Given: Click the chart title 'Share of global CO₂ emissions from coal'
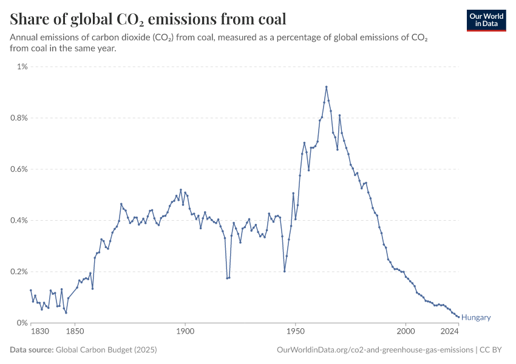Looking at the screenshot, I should (148, 19).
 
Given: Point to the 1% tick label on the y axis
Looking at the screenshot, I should (22, 67).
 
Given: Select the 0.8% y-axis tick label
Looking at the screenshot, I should (18, 118).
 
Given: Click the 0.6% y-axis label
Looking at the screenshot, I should (18, 169).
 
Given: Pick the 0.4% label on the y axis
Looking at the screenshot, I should (18, 220).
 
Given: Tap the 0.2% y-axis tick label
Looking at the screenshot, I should (18, 272).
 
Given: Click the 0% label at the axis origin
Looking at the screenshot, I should (22, 323).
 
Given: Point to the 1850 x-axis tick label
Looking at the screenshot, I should (75, 332).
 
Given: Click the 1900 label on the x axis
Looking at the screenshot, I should (185, 332).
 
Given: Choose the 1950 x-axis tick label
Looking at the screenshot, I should (295, 332).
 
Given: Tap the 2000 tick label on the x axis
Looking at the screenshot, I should (406, 332).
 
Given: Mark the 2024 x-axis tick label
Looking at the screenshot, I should (449, 332).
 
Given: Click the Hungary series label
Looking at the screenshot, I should (476, 317).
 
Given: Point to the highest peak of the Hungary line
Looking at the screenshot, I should (326, 87).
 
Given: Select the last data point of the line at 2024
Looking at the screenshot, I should (458, 317).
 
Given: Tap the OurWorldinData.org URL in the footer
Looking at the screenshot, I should (375, 349).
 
